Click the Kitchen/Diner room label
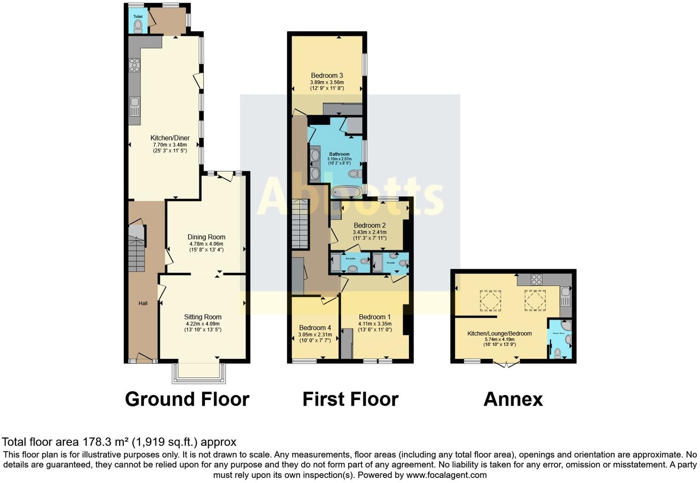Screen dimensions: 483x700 (x=170, y=138)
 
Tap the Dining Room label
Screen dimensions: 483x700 (x=206, y=237)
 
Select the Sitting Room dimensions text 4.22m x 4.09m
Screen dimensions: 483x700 (x=203, y=324)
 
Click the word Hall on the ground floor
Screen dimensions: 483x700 (x=143, y=303)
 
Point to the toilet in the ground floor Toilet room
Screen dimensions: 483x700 (x=138, y=27)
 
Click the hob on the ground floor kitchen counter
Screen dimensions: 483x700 (x=134, y=65)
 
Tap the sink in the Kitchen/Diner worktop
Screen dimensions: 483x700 (x=134, y=106)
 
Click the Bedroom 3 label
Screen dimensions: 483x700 (x=327, y=76)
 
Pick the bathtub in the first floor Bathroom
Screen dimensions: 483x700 (x=346, y=192)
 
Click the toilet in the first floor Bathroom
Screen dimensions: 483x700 (x=355, y=174)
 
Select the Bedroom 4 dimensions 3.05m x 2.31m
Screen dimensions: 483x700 (x=315, y=335)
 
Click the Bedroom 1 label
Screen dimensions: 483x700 (x=375, y=317)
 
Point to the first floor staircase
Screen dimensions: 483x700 (x=300, y=224)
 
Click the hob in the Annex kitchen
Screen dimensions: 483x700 (x=537, y=279)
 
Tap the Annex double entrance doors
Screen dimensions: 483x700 (x=506, y=364)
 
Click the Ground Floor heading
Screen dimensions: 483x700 (x=187, y=399)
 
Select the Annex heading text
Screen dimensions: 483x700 (x=513, y=399)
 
